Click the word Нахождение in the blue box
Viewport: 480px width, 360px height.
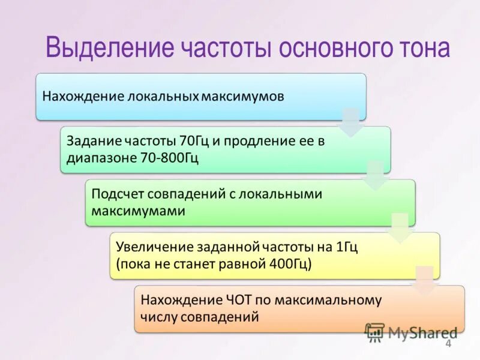[80, 96]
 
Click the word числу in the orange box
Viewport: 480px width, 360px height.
[158, 316]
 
